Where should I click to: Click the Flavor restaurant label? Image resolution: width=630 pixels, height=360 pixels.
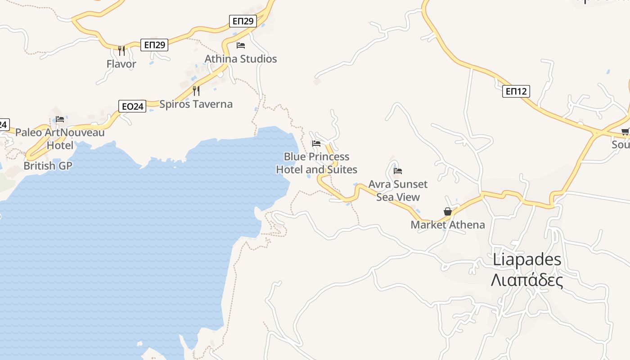pyautogui.click(x=121, y=64)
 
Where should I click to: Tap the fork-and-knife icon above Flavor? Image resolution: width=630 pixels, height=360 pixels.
pyautogui.click(x=121, y=50)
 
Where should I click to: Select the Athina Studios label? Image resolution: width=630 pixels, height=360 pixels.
pyautogui.click(x=241, y=59)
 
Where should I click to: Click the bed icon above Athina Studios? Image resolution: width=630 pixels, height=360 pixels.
pyautogui.click(x=241, y=45)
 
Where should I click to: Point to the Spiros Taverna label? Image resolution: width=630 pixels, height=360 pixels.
pyautogui.click(x=196, y=104)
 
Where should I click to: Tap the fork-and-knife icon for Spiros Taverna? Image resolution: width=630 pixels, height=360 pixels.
pyautogui.click(x=196, y=91)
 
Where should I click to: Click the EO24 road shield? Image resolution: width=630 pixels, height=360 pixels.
pyautogui.click(x=132, y=106)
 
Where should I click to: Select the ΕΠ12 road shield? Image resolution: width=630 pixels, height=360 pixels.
pyautogui.click(x=516, y=91)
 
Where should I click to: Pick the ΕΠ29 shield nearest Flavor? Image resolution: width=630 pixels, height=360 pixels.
pyautogui.click(x=154, y=45)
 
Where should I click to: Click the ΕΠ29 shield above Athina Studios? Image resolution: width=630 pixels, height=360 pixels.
pyautogui.click(x=243, y=21)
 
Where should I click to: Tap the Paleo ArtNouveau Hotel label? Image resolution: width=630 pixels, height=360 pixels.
pyautogui.click(x=60, y=139)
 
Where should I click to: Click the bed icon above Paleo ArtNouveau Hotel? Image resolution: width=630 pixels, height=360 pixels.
pyautogui.click(x=60, y=119)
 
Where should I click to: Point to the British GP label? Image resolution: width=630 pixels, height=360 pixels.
pyautogui.click(x=48, y=166)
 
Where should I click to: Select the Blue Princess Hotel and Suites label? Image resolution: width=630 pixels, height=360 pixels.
pyautogui.click(x=316, y=163)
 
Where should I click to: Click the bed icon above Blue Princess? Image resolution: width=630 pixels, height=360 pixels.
pyautogui.click(x=316, y=144)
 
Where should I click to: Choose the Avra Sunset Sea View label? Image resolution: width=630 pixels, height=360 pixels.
pyautogui.click(x=398, y=190)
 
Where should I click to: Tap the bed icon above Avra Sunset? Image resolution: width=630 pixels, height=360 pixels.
pyautogui.click(x=398, y=171)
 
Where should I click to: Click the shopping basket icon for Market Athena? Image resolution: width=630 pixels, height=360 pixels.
pyautogui.click(x=448, y=211)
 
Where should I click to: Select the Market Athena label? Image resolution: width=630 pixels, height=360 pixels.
pyautogui.click(x=448, y=225)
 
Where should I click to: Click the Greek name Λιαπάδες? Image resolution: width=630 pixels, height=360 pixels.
pyautogui.click(x=527, y=280)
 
